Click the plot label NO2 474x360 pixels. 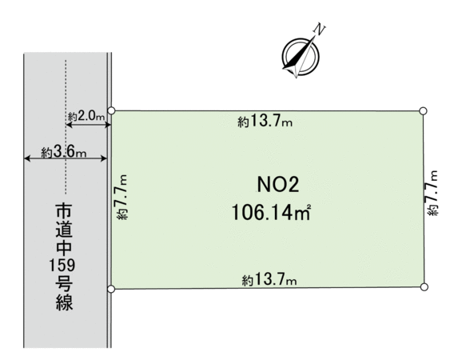(x=278, y=185)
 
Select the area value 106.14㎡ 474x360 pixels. (x=271, y=212)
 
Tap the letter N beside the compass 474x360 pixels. (x=320, y=30)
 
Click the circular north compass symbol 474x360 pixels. (x=301, y=56)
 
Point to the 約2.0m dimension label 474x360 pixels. (x=86, y=116)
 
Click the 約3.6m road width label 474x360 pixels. (x=64, y=152)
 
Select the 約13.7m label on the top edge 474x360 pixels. (x=265, y=122)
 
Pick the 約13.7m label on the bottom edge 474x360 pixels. (x=269, y=280)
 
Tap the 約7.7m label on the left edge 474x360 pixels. (x=121, y=197)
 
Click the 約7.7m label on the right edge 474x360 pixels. (x=432, y=193)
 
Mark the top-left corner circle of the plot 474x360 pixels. (x=111, y=110)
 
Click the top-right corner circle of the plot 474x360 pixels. (x=423, y=111)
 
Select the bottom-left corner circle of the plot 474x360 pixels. (x=111, y=290)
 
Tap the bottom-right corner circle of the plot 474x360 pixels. (x=424, y=287)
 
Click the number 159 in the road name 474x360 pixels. (x=62, y=266)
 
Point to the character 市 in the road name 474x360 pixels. (x=64, y=211)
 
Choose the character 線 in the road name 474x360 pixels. (x=64, y=302)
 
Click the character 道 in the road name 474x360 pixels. (x=64, y=230)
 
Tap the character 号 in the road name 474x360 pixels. (x=64, y=284)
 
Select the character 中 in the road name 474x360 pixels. (x=64, y=247)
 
